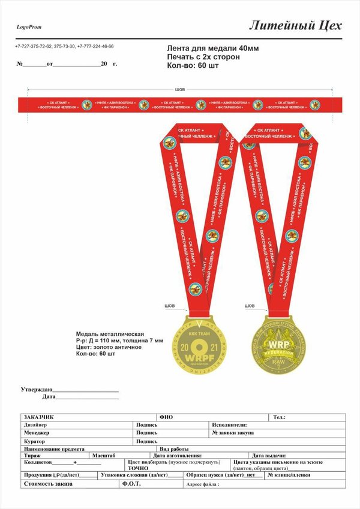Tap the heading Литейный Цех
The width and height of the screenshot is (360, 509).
coord(295,25)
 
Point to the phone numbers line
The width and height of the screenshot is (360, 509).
coord(64,46)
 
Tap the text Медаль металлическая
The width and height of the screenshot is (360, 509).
coord(110,333)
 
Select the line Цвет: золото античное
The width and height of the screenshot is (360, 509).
coord(109,347)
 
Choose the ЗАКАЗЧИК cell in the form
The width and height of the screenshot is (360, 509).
coord(39,417)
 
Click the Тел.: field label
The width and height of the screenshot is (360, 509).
coord(279,417)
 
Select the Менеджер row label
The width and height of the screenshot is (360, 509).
coord(37,432)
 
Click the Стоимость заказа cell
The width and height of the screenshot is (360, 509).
coord(48,484)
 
